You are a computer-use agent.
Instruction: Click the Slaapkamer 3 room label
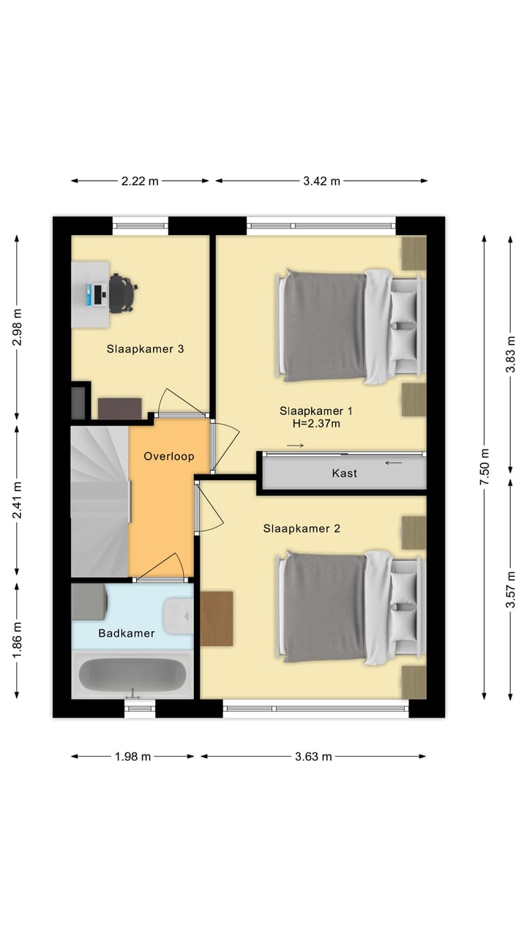coord(145,349)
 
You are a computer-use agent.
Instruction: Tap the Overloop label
coord(168,456)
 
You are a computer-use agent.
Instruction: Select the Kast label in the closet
coord(344,473)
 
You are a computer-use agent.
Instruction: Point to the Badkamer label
coord(127,633)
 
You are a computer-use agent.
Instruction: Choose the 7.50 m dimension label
coord(484,466)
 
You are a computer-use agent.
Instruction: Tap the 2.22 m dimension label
coord(140,181)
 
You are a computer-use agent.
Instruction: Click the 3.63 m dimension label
coord(314,756)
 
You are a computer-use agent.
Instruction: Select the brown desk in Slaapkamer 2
coord(217,619)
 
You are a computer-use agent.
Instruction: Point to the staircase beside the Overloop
coord(100,501)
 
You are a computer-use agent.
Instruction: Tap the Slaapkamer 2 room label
coord(301,529)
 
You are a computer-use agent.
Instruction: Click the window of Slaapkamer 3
coord(140,225)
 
